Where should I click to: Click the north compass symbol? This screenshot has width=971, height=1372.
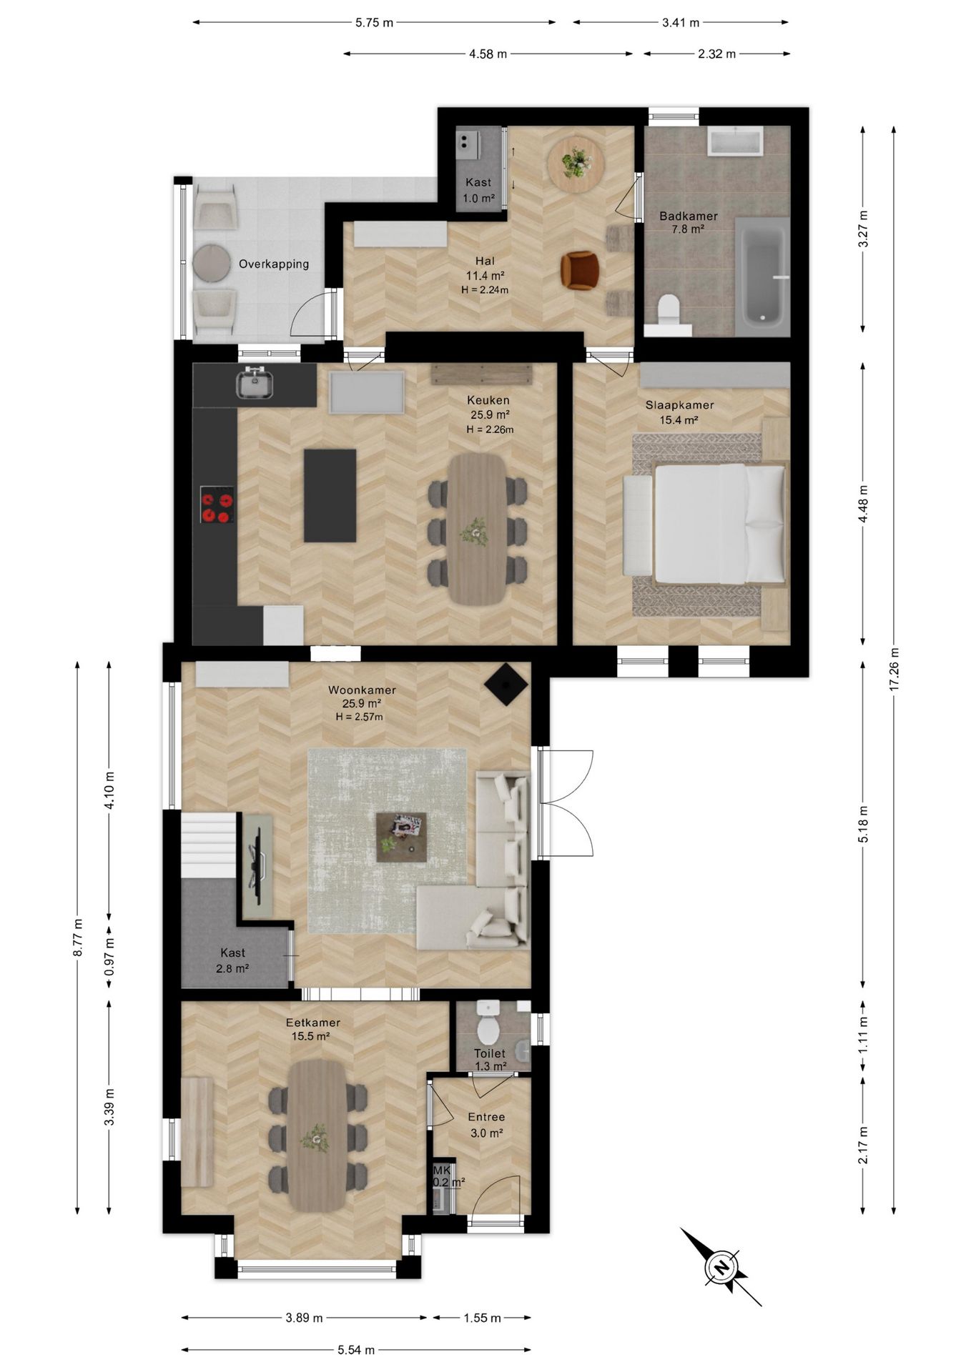[721, 1267]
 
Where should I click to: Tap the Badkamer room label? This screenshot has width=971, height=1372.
[688, 216]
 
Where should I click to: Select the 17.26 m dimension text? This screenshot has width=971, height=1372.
[893, 668]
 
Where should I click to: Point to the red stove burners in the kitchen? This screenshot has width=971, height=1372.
[217, 504]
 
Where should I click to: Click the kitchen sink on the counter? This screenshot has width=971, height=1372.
[255, 382]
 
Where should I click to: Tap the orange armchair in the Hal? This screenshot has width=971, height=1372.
[580, 270]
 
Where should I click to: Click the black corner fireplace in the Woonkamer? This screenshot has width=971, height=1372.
[506, 684]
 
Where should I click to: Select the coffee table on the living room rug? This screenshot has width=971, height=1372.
[401, 837]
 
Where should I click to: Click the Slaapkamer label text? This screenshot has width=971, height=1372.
[679, 405]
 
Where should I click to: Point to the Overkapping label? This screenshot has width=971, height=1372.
[274, 264]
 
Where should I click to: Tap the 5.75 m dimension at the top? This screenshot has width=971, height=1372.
[374, 22]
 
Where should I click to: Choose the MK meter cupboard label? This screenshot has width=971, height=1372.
[442, 1170]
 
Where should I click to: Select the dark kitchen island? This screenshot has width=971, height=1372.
[330, 495]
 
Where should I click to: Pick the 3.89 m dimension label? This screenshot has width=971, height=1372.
[304, 1318]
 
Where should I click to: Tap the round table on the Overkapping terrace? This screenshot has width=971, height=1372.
[211, 263]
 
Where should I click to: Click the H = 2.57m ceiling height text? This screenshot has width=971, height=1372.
[359, 717]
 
